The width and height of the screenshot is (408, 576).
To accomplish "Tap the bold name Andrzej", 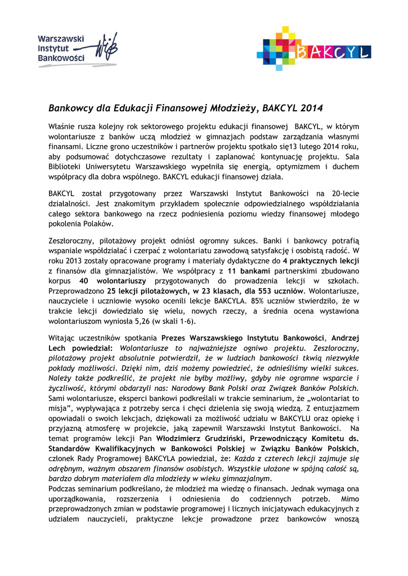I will click(346, 337).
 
